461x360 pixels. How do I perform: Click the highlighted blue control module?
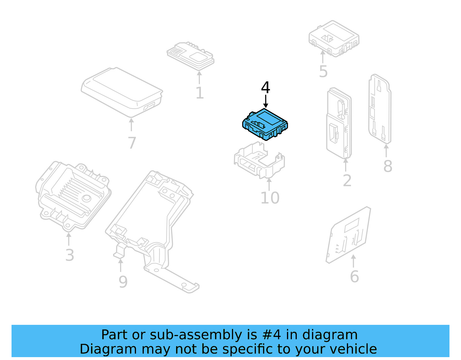point(265,125)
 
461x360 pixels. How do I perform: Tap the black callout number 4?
point(265,88)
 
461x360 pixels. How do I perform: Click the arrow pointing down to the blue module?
point(266,101)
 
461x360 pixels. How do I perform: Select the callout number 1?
point(200,93)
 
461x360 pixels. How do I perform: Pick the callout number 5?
point(323,71)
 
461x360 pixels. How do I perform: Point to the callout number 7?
point(132,143)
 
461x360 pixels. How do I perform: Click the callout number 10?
point(270,198)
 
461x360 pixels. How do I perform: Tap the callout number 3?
point(70,255)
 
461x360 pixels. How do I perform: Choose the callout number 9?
point(123,282)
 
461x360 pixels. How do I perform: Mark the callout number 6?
point(354,277)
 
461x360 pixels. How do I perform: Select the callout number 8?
point(388,166)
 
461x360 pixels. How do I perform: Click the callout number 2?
point(347,181)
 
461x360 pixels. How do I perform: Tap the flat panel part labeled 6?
point(349,235)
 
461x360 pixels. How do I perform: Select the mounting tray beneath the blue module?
point(259,161)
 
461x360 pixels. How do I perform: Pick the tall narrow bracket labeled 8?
point(380,110)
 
